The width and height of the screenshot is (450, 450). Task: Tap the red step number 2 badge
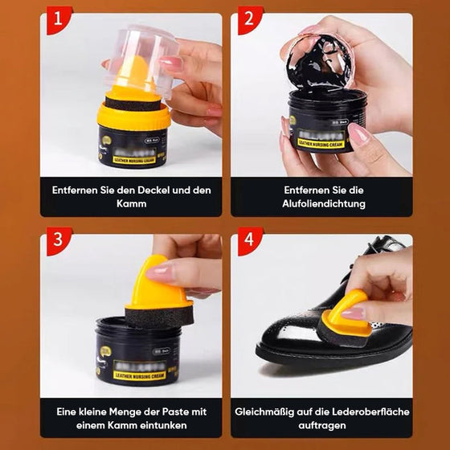(x=249, y=21)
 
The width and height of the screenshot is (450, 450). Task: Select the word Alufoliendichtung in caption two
(x=324, y=204)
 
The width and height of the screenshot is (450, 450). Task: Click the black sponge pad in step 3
(x=160, y=314)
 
